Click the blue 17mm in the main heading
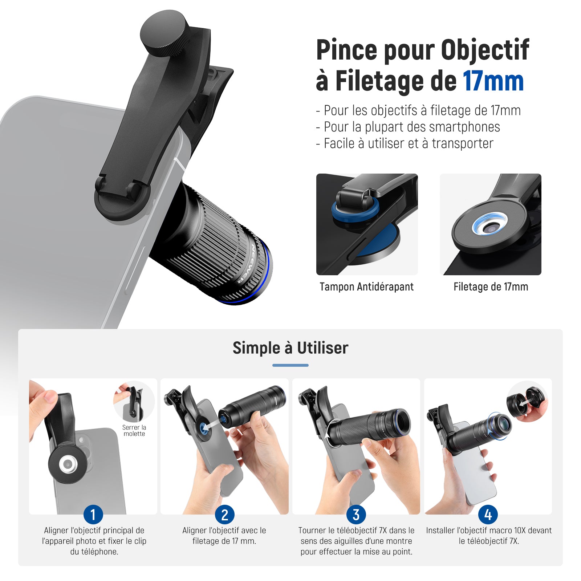(493, 81)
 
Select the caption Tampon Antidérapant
(366, 287)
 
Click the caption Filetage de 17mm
(491, 287)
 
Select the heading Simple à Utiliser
(290, 348)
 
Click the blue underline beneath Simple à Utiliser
(290, 365)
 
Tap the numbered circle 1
(93, 515)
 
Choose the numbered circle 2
(225, 515)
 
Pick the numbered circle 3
(356, 515)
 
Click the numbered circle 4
(488, 515)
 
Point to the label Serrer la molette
(134, 431)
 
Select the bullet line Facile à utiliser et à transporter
(405, 143)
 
